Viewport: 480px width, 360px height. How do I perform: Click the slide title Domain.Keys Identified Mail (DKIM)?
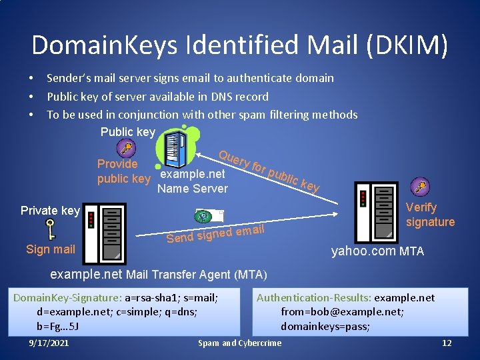239,45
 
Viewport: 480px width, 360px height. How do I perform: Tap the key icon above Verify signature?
419,186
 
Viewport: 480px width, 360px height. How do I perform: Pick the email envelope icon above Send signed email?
209,216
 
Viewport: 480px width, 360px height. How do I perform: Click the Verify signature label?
430,215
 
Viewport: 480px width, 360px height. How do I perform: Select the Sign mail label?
51,249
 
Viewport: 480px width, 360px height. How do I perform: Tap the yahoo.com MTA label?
377,251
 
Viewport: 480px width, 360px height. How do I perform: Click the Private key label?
50,211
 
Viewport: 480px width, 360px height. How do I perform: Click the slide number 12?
447,343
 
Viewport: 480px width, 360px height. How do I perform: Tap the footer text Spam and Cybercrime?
239,343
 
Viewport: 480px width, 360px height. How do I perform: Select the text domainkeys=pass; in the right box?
325,326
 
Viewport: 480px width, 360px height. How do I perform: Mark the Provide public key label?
123,171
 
